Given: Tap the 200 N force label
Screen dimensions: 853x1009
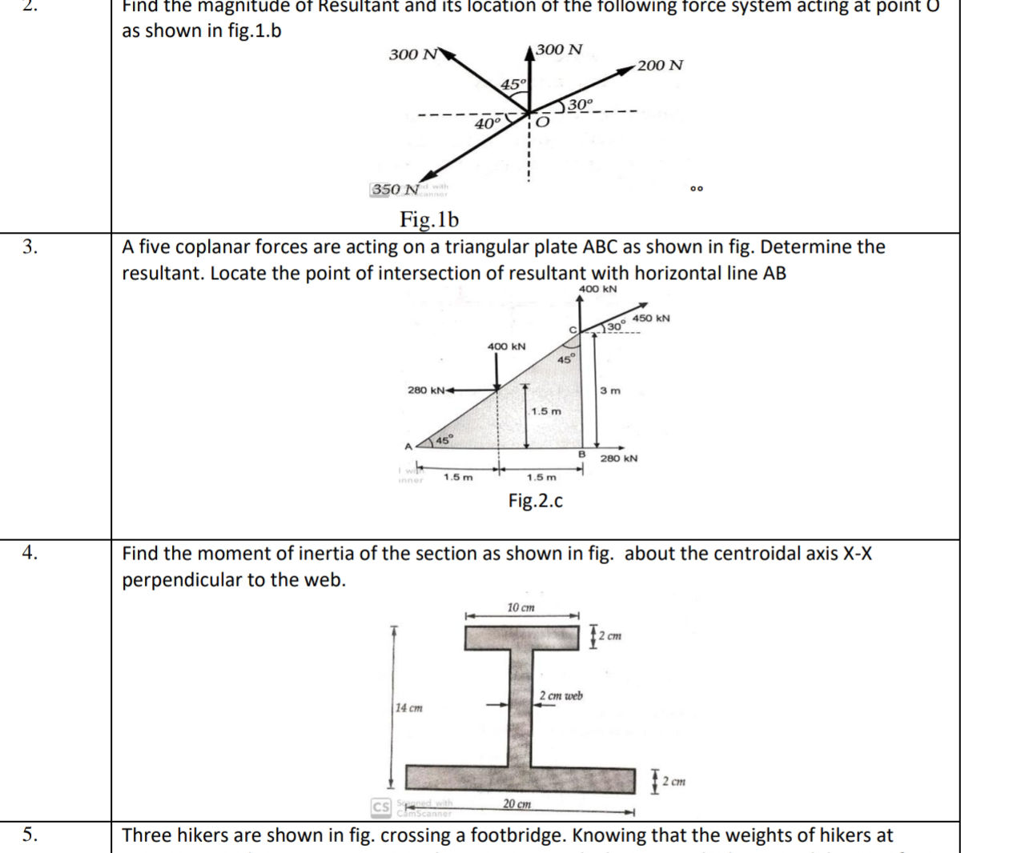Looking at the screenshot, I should (661, 66).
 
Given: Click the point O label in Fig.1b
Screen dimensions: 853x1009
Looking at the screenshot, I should (543, 122).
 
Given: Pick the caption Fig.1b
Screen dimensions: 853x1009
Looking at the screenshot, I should (429, 218).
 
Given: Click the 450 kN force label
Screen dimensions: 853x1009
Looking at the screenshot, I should (651, 318).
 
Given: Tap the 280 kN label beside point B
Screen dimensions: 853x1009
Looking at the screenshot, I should (619, 459).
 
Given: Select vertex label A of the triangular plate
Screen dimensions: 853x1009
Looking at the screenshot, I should (408, 447).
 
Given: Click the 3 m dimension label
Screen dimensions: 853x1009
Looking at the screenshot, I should (610, 391).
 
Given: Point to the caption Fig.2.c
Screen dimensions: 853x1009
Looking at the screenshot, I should (535, 501).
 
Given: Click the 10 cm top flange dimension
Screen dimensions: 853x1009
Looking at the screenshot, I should (521, 608).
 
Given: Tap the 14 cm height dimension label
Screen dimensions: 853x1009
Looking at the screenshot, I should (409, 708).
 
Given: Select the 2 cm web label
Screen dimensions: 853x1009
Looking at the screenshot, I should (561, 696).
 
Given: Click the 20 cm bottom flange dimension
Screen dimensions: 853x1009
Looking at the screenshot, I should (517, 803).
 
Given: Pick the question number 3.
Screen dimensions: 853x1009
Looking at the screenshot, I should (30, 246).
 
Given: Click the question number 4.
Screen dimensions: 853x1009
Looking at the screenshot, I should (30, 552).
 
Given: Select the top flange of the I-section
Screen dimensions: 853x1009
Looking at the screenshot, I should (522, 638).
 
